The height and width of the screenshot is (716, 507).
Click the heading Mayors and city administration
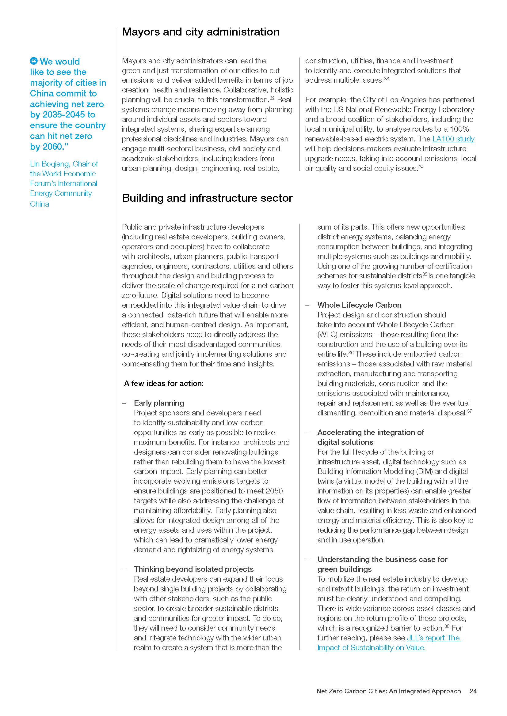pyautogui.click(x=200, y=32)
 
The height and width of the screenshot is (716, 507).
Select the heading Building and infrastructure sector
pyautogui.click(x=207, y=198)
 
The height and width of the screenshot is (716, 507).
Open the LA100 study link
pyautogui.click(x=453, y=139)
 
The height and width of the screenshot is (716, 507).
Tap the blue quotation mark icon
pyautogui.click(x=34, y=61)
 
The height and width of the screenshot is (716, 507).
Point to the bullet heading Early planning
pyautogui.click(x=159, y=403)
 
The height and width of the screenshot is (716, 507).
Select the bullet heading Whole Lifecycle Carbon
pyautogui.click(x=359, y=305)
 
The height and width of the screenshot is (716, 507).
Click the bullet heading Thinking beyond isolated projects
pyautogui.click(x=193, y=569)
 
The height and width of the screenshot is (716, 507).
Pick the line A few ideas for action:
pyautogui.click(x=164, y=383)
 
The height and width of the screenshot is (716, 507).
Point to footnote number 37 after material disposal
pyautogui.click(x=469, y=411)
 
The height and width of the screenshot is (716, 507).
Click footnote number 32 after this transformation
pyautogui.click(x=272, y=98)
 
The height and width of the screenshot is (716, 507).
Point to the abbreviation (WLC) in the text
pyautogui.click(x=327, y=334)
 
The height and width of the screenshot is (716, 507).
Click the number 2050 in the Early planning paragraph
pyautogui.click(x=274, y=491)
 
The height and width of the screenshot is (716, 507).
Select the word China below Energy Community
pyautogui.click(x=39, y=204)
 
